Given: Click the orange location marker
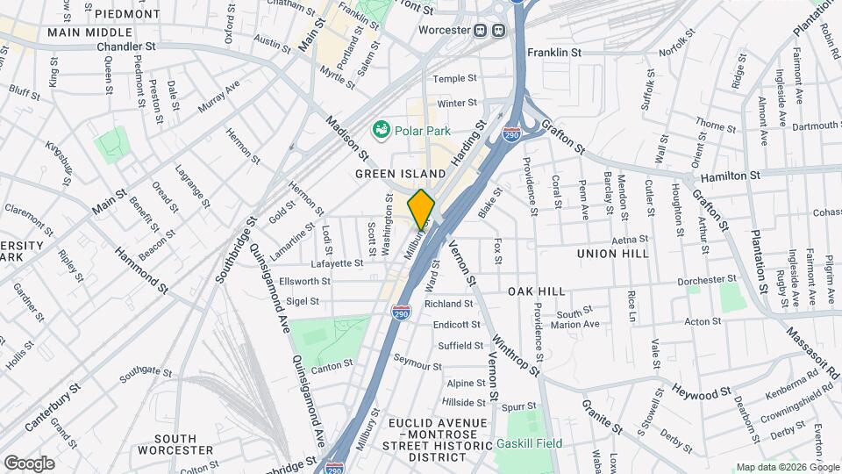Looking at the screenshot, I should tap(421, 209).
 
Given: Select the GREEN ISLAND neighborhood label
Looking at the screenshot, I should tap(401, 174).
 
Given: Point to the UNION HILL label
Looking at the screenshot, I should tap(613, 253).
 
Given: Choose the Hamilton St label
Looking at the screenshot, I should tap(731, 176).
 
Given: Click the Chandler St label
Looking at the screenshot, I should tap(126, 46).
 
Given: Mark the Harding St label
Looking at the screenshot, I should tap(467, 145).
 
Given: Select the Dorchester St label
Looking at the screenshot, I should tap(707, 280).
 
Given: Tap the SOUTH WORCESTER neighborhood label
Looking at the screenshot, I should tap(183, 443).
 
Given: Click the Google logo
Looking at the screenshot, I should tap(29, 463).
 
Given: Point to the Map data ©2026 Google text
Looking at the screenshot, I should tap(786, 467).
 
